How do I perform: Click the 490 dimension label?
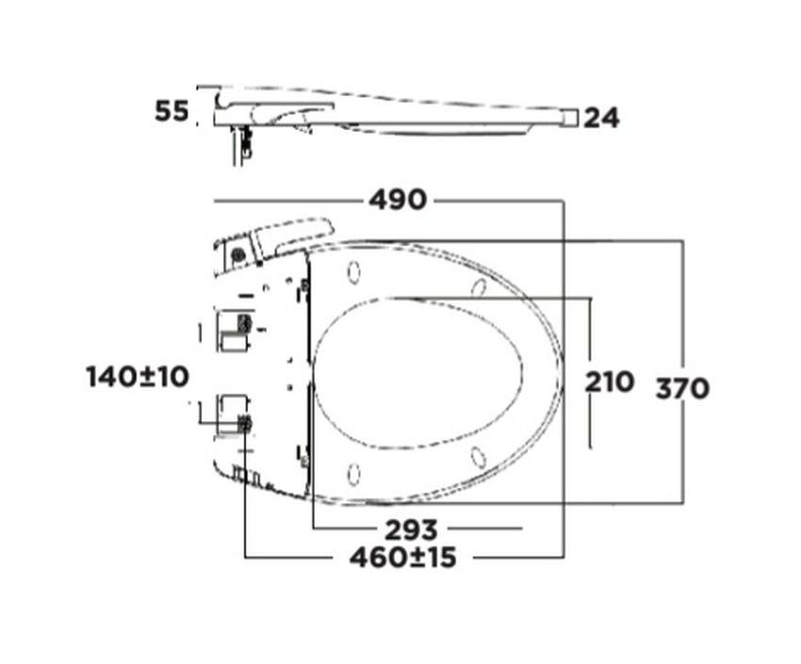click(398, 200)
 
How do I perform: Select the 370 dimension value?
click(682, 389)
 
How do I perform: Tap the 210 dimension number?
click(609, 381)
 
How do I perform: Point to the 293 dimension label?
click(411, 529)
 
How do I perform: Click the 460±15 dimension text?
click(402, 557)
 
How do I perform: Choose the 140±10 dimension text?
click(138, 377)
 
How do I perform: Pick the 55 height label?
click(172, 111)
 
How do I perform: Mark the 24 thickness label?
click(601, 118)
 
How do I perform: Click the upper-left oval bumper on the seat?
click(353, 272)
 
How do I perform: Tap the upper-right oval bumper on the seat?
click(478, 288)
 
